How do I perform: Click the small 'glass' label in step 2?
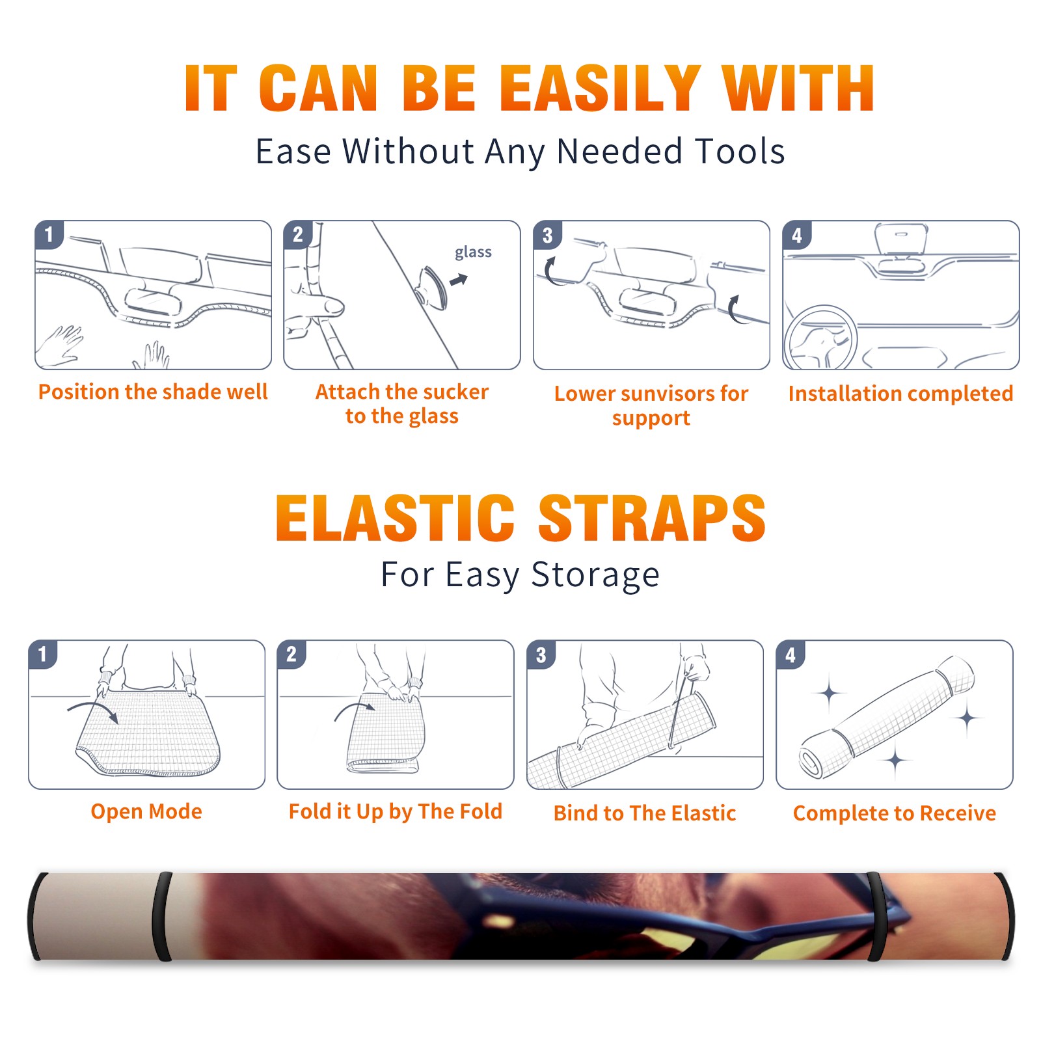[473, 252]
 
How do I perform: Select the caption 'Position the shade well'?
[153, 392]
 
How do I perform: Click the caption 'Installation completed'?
[900, 394]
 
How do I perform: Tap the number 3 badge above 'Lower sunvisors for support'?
[547, 235]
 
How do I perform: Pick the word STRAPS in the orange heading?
[652, 518]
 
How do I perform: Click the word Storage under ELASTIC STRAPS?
[595, 575]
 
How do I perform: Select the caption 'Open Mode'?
[146, 812]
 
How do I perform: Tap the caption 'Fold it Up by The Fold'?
[396, 812]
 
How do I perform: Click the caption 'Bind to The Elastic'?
[645, 813]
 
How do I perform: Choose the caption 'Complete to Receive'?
[895, 813]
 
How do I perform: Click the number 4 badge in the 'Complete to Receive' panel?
[791, 655]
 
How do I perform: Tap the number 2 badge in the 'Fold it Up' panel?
[291, 654]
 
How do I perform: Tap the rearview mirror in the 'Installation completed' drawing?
[900, 239]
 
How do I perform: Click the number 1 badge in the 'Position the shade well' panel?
[49, 234]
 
